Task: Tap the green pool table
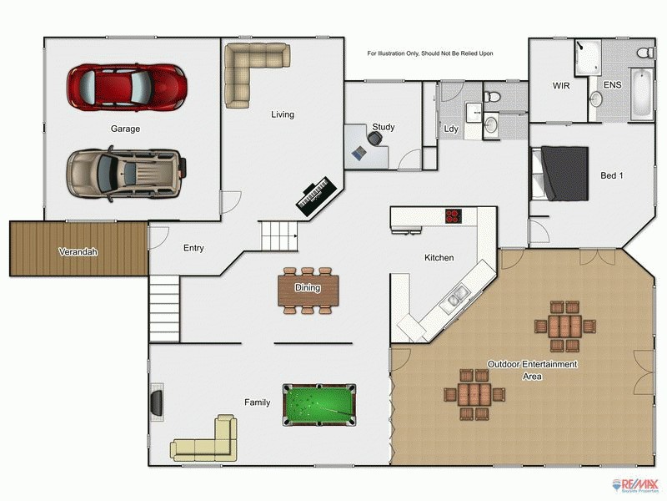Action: click(x=318, y=403)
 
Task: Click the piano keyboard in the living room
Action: click(x=317, y=195)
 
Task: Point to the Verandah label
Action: click(x=78, y=251)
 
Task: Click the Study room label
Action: click(x=384, y=128)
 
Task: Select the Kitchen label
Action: click(x=439, y=258)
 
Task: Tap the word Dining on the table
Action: click(x=308, y=288)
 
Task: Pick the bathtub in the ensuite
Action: click(x=640, y=94)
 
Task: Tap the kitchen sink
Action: click(x=457, y=296)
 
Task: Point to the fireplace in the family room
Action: click(x=156, y=402)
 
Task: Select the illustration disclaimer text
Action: click(x=430, y=53)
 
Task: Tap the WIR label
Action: click(x=560, y=86)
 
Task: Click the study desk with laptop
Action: click(x=365, y=147)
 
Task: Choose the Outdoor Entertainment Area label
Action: click(x=532, y=371)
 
